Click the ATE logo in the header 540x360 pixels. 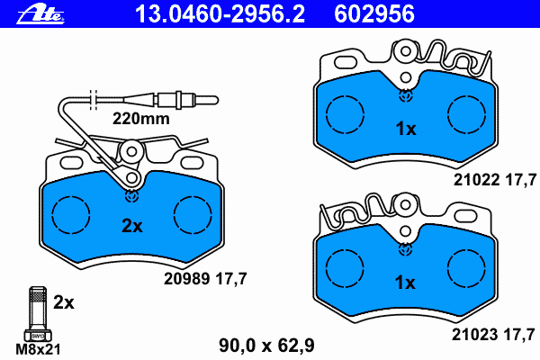[40, 14]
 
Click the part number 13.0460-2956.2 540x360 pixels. [220, 13]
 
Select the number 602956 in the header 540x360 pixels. [374, 13]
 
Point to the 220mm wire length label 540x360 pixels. [141, 119]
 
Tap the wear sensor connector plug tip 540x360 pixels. [207, 100]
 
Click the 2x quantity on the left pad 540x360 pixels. [132, 226]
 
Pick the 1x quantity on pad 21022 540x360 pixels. [406, 129]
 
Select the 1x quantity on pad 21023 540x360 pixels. [405, 283]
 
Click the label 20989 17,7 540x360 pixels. [205, 278]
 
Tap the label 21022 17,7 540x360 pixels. [495, 180]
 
